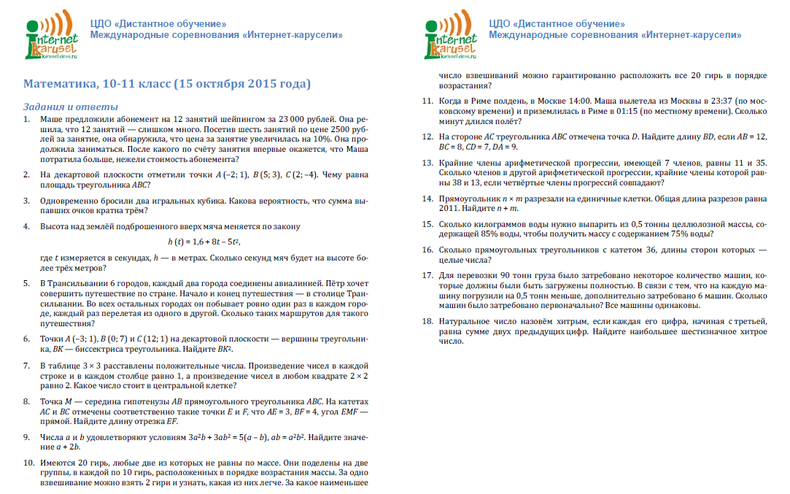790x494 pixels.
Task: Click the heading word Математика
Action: coord(61,84)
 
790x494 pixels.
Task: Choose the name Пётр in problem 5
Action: coord(326,283)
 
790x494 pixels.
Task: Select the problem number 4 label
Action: coord(27,227)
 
